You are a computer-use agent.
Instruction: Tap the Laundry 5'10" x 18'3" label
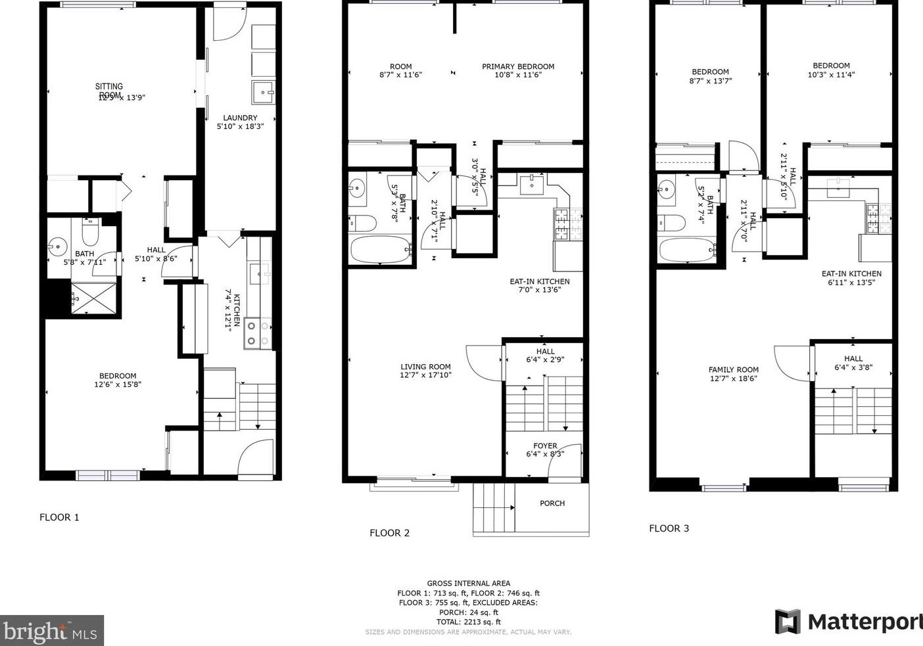tap(240, 122)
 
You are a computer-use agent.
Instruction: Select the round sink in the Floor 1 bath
tap(59, 248)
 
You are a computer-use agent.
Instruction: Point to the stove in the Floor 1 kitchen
tap(258, 333)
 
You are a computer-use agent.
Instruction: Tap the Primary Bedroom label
tap(518, 70)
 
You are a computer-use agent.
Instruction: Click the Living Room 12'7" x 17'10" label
tap(425, 371)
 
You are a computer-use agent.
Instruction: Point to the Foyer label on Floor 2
tap(545, 450)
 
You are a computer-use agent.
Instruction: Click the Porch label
tap(552, 503)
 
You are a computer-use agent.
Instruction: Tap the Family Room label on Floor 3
tap(734, 374)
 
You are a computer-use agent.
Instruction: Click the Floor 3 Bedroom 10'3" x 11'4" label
tap(831, 70)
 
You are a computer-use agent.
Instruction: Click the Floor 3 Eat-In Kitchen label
tap(851, 278)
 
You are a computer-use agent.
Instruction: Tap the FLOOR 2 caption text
tap(389, 533)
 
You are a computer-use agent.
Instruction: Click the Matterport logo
tap(848, 621)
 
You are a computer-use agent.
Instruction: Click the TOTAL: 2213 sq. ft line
tap(468, 622)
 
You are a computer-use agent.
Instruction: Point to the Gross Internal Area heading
tap(468, 583)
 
